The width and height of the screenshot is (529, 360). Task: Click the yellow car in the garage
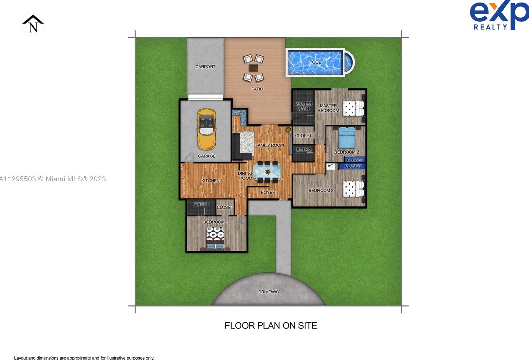pos(206,129)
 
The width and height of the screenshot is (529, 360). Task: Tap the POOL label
pos(315,62)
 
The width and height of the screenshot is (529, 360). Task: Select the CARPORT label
pos(205,67)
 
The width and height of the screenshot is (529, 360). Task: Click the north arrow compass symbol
pos(33,24)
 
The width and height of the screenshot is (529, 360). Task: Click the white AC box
pos(330,166)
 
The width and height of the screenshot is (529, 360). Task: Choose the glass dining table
pos(267,172)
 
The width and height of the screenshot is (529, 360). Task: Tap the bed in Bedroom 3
pos(347,138)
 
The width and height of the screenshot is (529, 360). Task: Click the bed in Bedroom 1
pos(215,238)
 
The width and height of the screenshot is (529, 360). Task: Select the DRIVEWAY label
pos(269,292)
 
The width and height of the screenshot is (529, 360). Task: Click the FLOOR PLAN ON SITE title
pos(271,326)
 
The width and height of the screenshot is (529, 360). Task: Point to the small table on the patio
pos(253,68)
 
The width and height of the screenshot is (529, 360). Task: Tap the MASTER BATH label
pos(304,106)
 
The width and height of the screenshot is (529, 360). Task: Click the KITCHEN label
pos(211,181)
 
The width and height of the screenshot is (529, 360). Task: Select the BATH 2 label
pos(304,150)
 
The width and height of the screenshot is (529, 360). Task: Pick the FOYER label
pos(268,192)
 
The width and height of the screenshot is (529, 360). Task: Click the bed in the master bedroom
pos(353,108)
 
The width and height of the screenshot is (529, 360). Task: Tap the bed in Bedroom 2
pos(353,189)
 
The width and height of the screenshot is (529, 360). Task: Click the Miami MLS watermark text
pos(52,179)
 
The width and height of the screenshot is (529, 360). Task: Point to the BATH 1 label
pos(201,204)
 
